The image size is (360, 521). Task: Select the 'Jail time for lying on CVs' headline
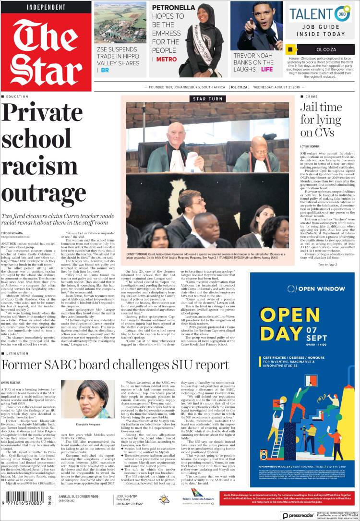pos(321,120)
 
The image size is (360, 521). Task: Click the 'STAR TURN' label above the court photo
pos(207,98)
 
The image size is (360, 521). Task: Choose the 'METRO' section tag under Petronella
pos(166,60)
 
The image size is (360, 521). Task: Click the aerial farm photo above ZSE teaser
pos(120,23)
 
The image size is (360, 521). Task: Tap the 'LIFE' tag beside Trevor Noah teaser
pos(266,69)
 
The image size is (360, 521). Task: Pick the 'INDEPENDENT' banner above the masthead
pos(46,7)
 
